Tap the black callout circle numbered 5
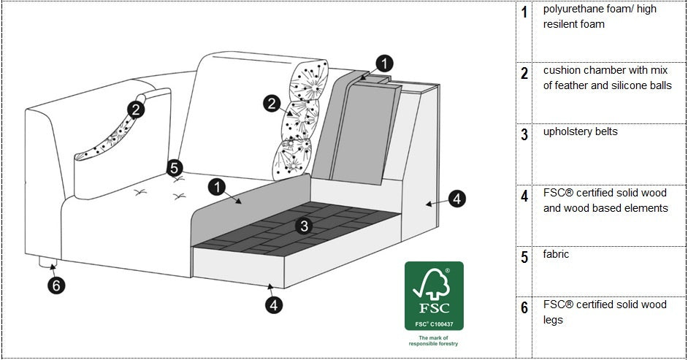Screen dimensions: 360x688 click(174, 168)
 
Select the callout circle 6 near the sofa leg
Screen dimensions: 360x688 click(56, 286)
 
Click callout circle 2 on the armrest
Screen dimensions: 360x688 click(136, 110)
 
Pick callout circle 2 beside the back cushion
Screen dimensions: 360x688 click(272, 104)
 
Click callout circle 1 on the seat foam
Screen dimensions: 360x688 click(217, 187)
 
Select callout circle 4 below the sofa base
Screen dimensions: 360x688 click(274, 305)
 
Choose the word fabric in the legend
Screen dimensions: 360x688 click(556, 254)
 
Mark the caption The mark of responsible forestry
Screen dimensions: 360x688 click(434, 340)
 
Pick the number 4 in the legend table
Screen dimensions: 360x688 click(524, 196)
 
